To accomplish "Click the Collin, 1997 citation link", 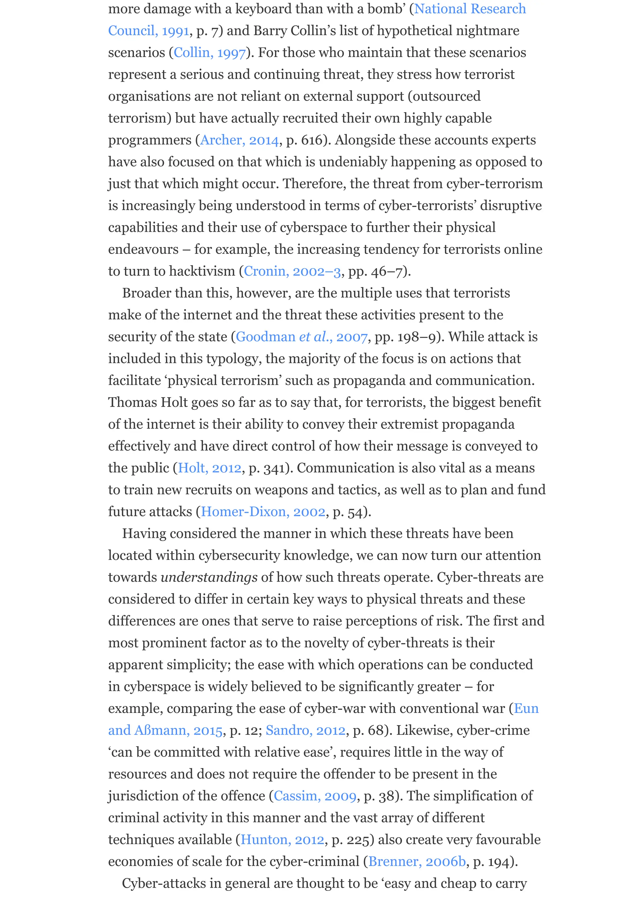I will pyautogui.click(x=210, y=53).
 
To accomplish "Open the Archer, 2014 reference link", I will pyautogui.click(x=239, y=140).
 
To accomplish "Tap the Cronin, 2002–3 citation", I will pyautogui.click(x=292, y=271).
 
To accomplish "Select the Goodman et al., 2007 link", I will pyautogui.click(x=302, y=337).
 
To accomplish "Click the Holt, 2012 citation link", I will pyautogui.click(x=210, y=468).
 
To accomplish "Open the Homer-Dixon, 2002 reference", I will pyautogui.click(x=263, y=512).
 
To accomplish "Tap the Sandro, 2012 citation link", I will pyautogui.click(x=305, y=730).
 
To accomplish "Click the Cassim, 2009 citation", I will pyautogui.click(x=315, y=796).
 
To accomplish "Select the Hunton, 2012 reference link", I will pyautogui.click(x=282, y=840).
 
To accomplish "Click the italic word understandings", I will pyautogui.click(x=209, y=577).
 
